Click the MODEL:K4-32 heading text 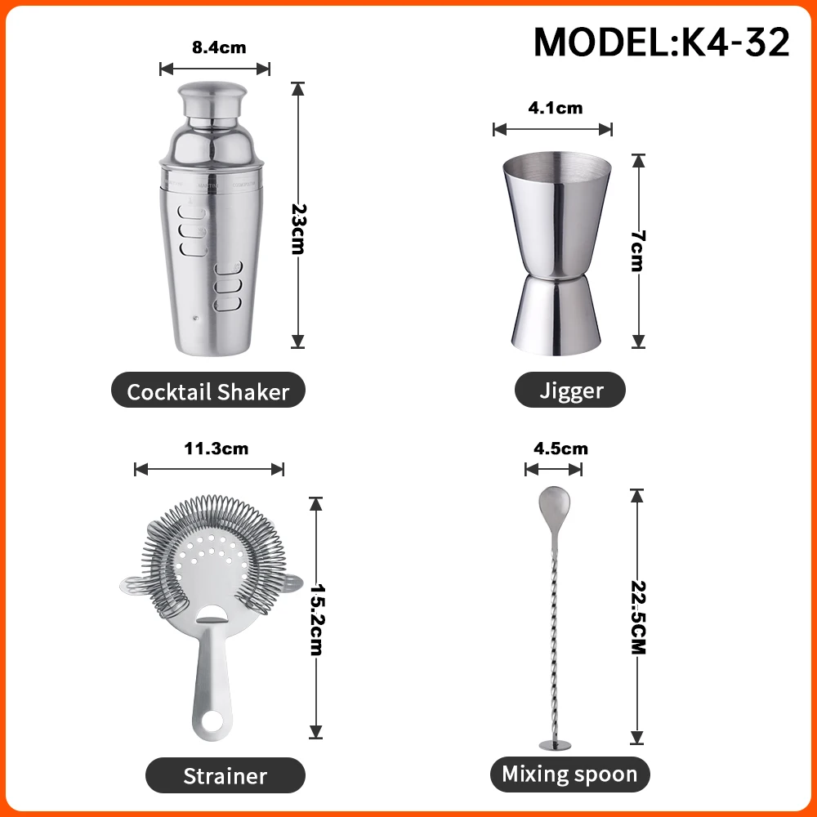(x=662, y=42)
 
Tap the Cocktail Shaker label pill (x=208, y=391)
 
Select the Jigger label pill (x=570, y=391)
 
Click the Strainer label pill (x=225, y=775)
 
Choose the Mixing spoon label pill (x=569, y=774)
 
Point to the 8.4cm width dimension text (x=218, y=48)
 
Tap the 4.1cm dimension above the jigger (x=553, y=108)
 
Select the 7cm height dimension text (x=638, y=251)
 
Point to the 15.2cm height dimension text (x=316, y=618)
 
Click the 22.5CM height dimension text (x=638, y=618)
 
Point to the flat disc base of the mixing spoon (x=555, y=744)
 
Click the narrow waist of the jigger (x=556, y=277)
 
